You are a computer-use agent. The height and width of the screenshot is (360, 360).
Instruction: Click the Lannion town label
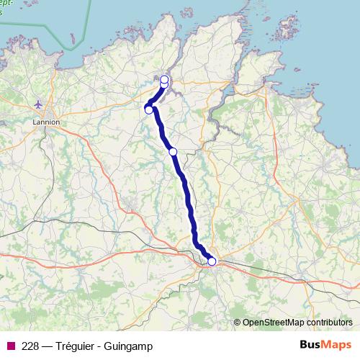point(46,122)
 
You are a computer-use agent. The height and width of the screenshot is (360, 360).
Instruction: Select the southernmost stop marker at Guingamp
point(212,261)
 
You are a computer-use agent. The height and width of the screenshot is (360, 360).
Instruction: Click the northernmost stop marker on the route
point(164,79)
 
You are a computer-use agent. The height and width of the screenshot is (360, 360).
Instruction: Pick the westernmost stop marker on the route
point(149,109)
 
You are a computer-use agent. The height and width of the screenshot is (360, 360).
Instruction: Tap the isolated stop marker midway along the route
point(173,151)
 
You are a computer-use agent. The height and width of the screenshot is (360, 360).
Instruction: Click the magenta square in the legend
point(11,346)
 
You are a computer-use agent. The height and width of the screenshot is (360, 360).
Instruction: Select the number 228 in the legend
point(30,346)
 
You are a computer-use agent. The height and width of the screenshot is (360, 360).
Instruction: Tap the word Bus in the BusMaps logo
point(290,346)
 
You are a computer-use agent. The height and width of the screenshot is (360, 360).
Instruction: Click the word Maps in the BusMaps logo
point(316,346)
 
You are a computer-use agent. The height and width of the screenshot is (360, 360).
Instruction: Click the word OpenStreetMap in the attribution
point(274,323)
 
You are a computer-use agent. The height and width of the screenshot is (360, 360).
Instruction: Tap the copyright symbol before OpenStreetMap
point(237,323)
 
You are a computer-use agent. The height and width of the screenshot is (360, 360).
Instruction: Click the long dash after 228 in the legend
point(47,346)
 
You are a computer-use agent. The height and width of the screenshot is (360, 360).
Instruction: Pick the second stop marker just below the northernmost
point(164,85)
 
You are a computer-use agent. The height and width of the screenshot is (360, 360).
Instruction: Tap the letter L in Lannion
point(35,122)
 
